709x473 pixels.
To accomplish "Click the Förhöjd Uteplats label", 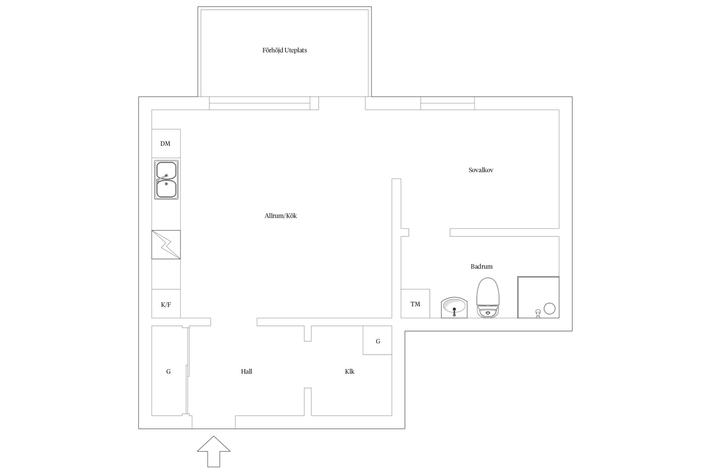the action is [x=285, y=50].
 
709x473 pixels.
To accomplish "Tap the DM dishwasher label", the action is [x=165, y=143].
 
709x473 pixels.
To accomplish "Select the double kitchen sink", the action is [x=166, y=180].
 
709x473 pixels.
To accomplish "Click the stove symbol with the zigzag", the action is [x=166, y=245].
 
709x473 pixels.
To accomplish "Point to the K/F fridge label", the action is [x=166, y=305].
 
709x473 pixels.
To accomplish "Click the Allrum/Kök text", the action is [x=281, y=216].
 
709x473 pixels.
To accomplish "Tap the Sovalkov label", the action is [x=481, y=170].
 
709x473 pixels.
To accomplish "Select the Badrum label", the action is [x=482, y=266].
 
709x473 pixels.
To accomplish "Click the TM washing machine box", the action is [x=415, y=303].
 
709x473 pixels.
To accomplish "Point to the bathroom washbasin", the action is [x=454, y=307].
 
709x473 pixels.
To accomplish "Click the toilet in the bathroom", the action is [x=488, y=297].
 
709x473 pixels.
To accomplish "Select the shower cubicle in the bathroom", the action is [x=538, y=297].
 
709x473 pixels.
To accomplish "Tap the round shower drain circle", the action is [x=550, y=309].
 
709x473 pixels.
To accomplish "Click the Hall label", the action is [x=247, y=371].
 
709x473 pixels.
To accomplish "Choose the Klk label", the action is [x=350, y=371].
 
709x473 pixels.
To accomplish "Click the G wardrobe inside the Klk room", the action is [x=377, y=340].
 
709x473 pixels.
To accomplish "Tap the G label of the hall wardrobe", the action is [x=168, y=371].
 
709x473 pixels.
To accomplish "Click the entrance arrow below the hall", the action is [x=213, y=451].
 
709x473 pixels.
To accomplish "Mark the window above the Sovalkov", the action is [x=448, y=103].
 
